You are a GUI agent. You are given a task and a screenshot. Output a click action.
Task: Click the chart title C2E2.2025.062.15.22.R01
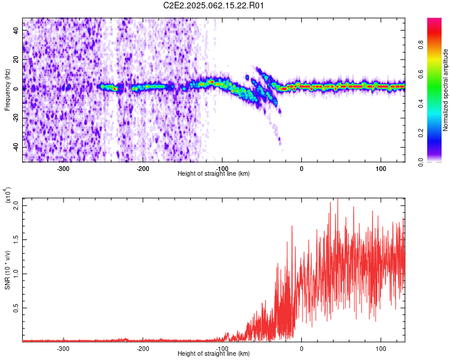tap(213, 5)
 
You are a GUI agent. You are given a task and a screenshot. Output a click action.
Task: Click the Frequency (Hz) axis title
tap(7, 90)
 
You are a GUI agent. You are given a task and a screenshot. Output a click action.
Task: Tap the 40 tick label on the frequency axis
tap(16, 30)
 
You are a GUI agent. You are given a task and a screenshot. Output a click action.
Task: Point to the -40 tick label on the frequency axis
tap(16, 147)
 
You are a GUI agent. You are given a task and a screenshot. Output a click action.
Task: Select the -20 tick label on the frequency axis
tap(16, 118)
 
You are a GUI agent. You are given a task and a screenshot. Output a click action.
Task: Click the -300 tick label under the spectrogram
tap(63, 169)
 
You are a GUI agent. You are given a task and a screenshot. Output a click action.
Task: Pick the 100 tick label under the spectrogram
tap(381, 169)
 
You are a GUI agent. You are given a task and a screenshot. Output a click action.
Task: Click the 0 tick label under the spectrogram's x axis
tap(301, 169)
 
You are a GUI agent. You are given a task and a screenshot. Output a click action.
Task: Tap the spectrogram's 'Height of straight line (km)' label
tap(214, 173)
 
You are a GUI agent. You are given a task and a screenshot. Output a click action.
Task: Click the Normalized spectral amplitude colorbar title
tap(445, 90)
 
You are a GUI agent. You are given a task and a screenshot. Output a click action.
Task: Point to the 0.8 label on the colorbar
tap(421, 45)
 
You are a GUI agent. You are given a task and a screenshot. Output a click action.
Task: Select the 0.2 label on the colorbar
tap(421, 133)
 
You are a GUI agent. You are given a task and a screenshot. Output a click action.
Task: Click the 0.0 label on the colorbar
tap(421, 162)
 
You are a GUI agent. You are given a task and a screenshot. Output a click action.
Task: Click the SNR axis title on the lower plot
tap(7, 270)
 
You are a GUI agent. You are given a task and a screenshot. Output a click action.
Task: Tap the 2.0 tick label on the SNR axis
tap(16, 206)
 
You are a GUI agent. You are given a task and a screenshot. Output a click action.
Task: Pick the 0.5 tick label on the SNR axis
tap(16, 308)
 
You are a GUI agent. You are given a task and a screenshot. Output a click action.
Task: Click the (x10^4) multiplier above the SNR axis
tap(7, 196)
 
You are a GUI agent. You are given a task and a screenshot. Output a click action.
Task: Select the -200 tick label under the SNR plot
tap(143, 349)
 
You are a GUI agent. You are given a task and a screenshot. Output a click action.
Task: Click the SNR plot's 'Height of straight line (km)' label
tap(214, 353)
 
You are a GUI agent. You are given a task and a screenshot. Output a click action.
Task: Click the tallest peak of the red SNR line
tap(337, 199)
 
